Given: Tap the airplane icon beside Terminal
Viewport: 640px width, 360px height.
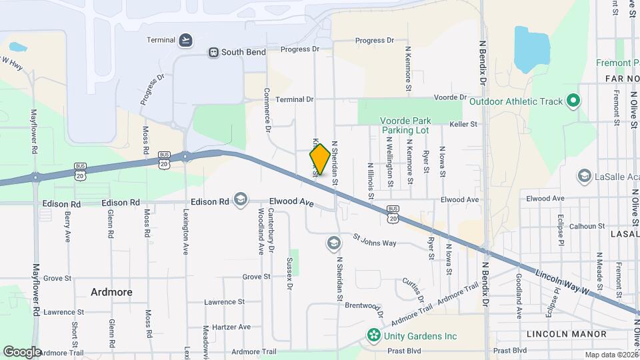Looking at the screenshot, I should [x=185, y=40].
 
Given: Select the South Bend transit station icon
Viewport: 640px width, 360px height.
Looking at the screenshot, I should [x=213, y=52].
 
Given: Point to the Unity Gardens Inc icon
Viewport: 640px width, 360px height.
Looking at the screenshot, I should [x=374, y=335].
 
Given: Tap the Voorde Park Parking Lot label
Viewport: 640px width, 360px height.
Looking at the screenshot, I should [x=406, y=125].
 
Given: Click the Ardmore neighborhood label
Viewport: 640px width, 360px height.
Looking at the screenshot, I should [x=111, y=292].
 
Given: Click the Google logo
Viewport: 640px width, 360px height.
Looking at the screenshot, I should [x=22, y=351].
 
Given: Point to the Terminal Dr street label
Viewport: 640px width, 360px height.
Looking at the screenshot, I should [x=294, y=99].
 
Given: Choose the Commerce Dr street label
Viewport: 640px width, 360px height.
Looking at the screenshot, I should [x=267, y=110].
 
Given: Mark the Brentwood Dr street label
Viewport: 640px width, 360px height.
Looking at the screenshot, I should [x=364, y=308].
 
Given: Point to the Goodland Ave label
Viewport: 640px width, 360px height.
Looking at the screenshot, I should [x=518, y=295].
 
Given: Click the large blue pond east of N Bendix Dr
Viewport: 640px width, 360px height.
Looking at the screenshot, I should [x=531, y=50].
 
